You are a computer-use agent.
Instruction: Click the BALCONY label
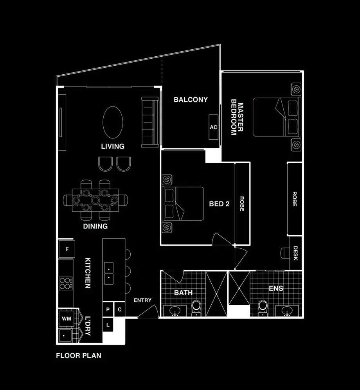(x=191, y=100)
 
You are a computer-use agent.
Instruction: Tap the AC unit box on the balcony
(x=213, y=127)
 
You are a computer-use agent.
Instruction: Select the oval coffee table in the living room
(x=112, y=122)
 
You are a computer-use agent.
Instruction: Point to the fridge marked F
(x=67, y=249)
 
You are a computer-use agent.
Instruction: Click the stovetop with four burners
(x=65, y=283)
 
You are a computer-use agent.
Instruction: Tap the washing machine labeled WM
(x=67, y=319)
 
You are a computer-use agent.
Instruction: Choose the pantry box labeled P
(x=108, y=309)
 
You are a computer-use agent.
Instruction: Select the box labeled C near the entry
(x=119, y=309)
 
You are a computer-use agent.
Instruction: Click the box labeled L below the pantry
(x=108, y=324)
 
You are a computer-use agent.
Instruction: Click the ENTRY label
(x=142, y=300)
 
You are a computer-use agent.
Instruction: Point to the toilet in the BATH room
(x=196, y=307)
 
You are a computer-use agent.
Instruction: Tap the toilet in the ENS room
(x=263, y=307)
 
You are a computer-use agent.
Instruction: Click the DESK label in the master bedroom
(x=295, y=253)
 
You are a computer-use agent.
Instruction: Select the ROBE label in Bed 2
(x=241, y=204)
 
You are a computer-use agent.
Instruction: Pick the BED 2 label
(x=219, y=204)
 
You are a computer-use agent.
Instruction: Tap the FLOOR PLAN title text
(x=79, y=356)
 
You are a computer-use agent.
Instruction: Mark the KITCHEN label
(x=88, y=273)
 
